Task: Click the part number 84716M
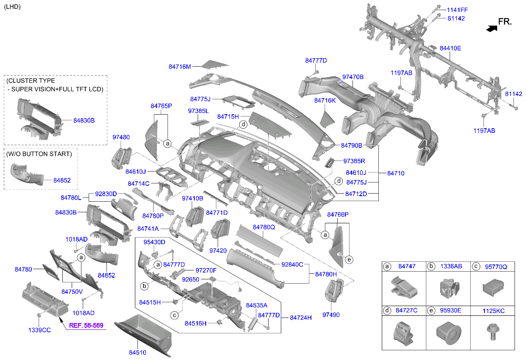[x=179, y=67]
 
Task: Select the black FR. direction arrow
[x=492, y=29]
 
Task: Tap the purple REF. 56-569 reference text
[x=86, y=325]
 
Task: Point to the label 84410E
[x=450, y=48]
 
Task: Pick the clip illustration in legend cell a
[x=404, y=287]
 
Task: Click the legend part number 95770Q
[x=496, y=267]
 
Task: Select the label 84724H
[x=301, y=318]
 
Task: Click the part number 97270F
[x=206, y=270]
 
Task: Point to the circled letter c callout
[x=174, y=315]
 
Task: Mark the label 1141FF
[x=457, y=10]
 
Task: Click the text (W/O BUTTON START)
[x=39, y=154]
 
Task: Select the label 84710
[x=396, y=173]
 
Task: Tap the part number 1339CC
[x=39, y=330]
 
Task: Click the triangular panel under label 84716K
[x=327, y=120]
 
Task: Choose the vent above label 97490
[x=334, y=290]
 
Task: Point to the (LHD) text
[x=12, y=7]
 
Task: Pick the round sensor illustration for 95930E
[x=448, y=333]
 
